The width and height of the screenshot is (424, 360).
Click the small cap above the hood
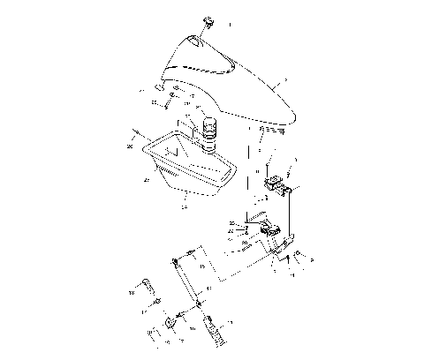click(x=208, y=21)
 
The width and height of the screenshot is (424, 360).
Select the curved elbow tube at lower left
click(x=151, y=287)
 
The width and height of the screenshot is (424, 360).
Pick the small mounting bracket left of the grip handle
click(x=165, y=328)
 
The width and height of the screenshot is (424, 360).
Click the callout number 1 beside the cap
click(x=228, y=26)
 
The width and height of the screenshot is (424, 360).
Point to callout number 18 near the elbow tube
click(x=132, y=290)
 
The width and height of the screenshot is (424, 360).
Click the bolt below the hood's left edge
click(x=164, y=104)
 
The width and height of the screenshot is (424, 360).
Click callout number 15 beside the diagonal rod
click(x=202, y=266)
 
